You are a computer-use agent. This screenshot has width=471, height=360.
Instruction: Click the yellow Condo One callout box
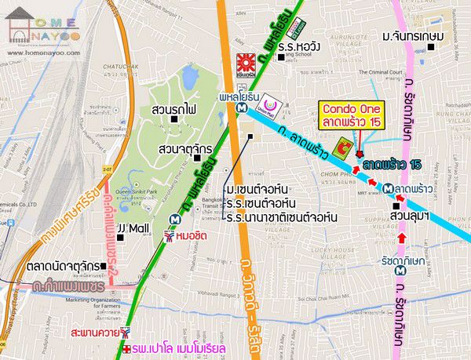coord(349,115)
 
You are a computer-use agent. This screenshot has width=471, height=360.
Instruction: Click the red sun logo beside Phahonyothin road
coord(246,62)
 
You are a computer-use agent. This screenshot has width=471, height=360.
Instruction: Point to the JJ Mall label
coord(132,229)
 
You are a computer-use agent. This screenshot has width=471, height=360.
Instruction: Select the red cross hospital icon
coord(128,347)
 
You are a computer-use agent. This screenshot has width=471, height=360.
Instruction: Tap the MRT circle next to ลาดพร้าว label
coord(389,188)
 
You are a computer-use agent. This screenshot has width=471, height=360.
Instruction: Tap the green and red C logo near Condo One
coord(342,147)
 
